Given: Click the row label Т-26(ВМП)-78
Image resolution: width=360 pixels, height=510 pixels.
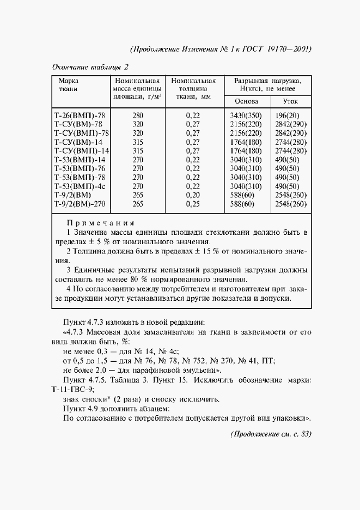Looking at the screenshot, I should [x=78, y=115].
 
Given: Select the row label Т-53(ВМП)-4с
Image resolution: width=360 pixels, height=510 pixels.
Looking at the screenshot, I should [x=80, y=186].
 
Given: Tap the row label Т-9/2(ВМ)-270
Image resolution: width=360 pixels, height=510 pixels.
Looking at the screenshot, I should [x=79, y=204].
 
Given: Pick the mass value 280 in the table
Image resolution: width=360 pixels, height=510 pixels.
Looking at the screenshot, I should [x=137, y=115].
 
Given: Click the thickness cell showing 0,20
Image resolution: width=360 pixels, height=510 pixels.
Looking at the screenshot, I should [x=193, y=195].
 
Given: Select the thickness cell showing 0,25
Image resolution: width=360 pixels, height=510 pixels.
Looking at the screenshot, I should [x=193, y=204].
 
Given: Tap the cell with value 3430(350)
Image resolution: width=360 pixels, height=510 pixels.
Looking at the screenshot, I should [x=243, y=115].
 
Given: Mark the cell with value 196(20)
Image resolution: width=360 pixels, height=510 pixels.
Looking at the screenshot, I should [x=287, y=115].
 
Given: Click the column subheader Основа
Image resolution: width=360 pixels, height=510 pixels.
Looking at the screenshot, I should [x=243, y=101].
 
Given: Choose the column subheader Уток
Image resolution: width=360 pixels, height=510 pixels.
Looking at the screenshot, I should [x=290, y=101].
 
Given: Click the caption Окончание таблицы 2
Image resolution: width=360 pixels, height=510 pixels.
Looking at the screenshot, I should [x=90, y=67].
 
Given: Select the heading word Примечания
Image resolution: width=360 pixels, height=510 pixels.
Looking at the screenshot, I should [x=100, y=223].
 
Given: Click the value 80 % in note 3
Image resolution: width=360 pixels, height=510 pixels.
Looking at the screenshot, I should [x=181, y=279].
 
